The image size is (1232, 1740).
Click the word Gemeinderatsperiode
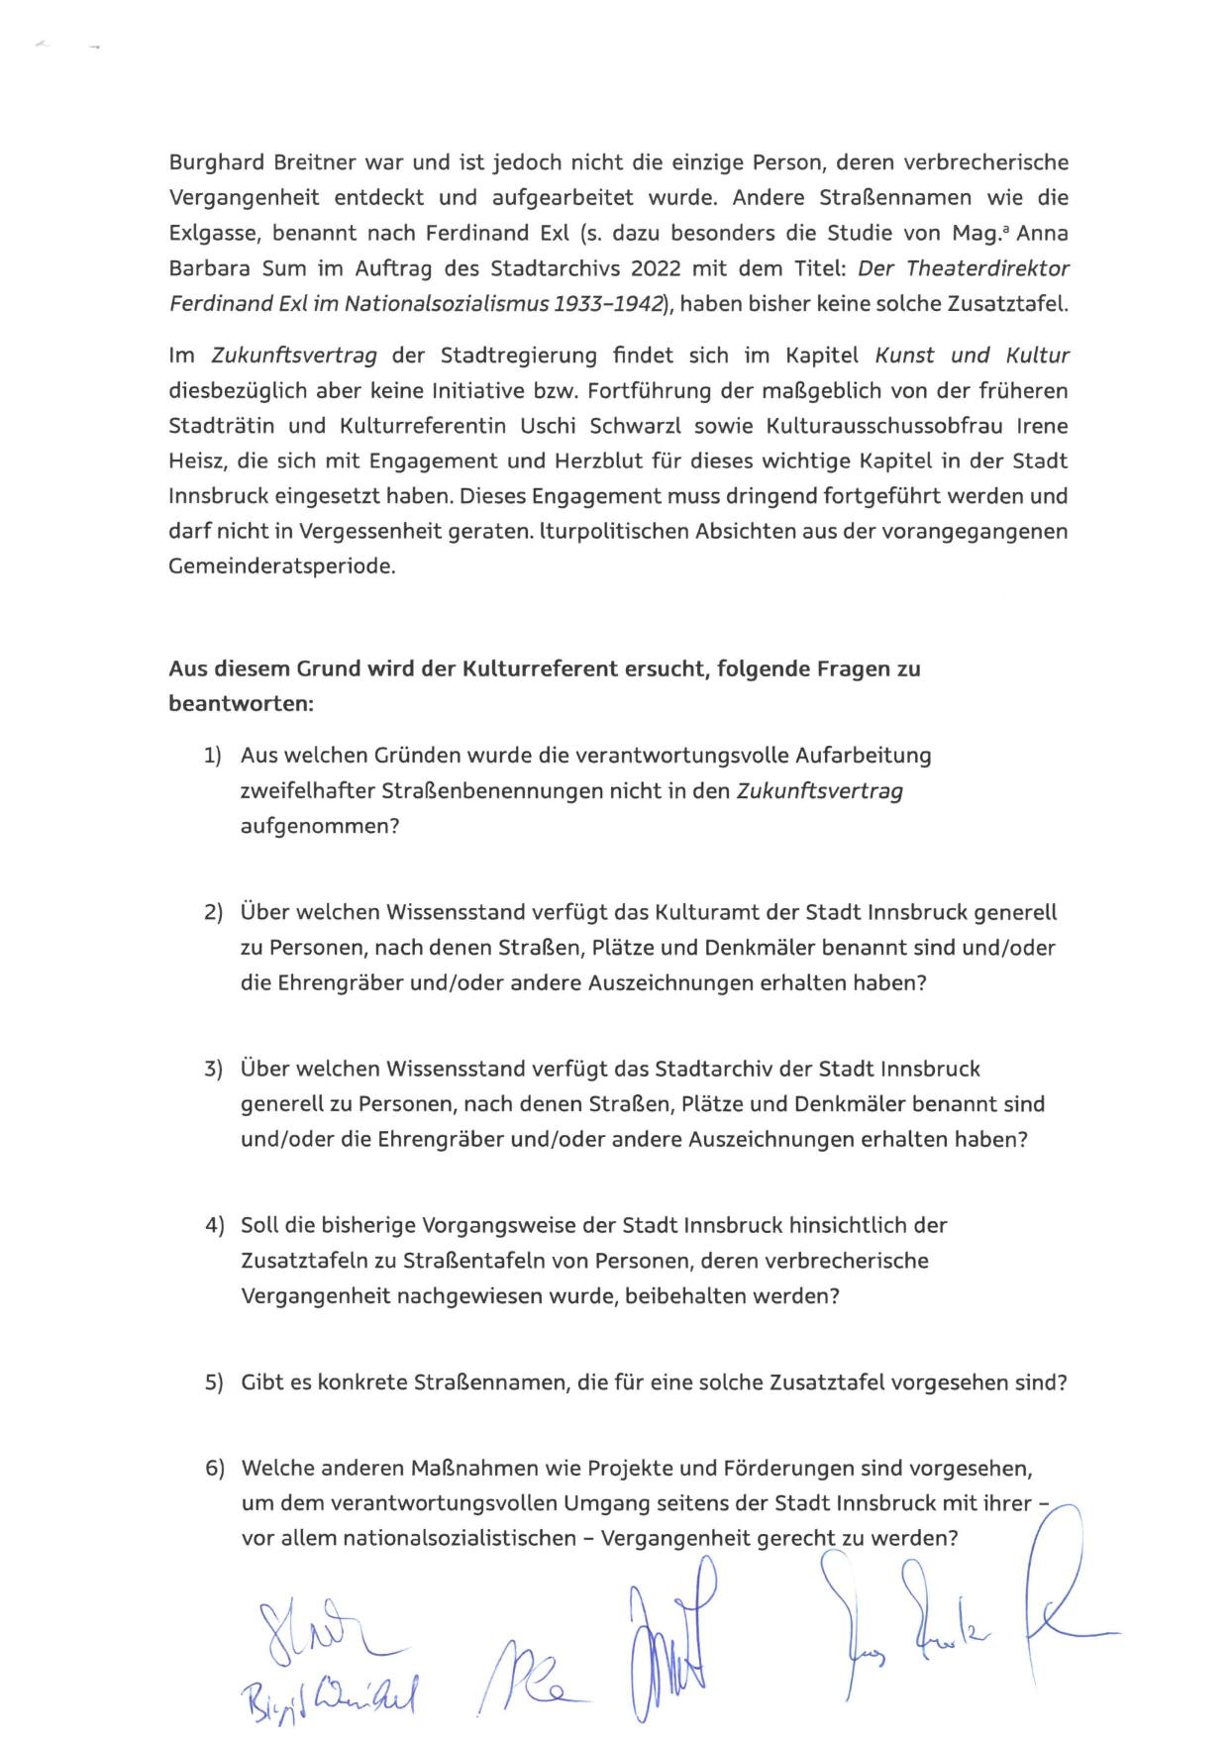click(x=282, y=566)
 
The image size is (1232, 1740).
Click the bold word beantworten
click(x=241, y=704)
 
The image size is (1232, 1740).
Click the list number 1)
click(x=213, y=756)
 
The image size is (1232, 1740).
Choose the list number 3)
click(x=213, y=1069)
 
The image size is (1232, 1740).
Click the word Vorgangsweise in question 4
click(x=499, y=1225)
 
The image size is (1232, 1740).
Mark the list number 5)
click(x=214, y=1382)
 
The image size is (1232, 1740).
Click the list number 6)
click(x=214, y=1468)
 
